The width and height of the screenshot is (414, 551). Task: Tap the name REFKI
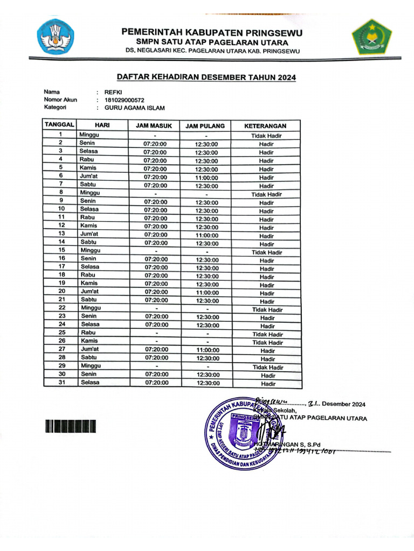tap(113, 92)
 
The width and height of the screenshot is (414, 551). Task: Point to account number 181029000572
tap(124, 100)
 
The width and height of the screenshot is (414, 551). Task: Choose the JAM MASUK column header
tap(154, 126)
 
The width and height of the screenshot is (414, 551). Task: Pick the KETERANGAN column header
tap(265, 126)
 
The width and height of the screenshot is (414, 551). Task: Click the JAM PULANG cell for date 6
tap(206, 178)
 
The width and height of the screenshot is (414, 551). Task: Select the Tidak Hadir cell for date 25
tap(267, 335)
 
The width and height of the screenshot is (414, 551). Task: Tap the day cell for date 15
tap(90, 250)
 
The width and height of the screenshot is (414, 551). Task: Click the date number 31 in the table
tap(62, 383)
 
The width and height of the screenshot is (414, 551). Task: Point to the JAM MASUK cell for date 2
tap(155, 144)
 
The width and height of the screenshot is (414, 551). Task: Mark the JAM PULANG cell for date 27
tap(207, 350)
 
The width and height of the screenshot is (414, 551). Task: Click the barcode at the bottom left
tap(71, 427)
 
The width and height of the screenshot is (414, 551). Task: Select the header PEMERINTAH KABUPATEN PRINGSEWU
tap(212, 32)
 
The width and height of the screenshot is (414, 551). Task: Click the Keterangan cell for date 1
tap(266, 136)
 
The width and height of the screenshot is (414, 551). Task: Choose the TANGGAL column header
tap(60, 124)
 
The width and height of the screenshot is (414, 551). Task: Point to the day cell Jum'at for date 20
tap(89, 291)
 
